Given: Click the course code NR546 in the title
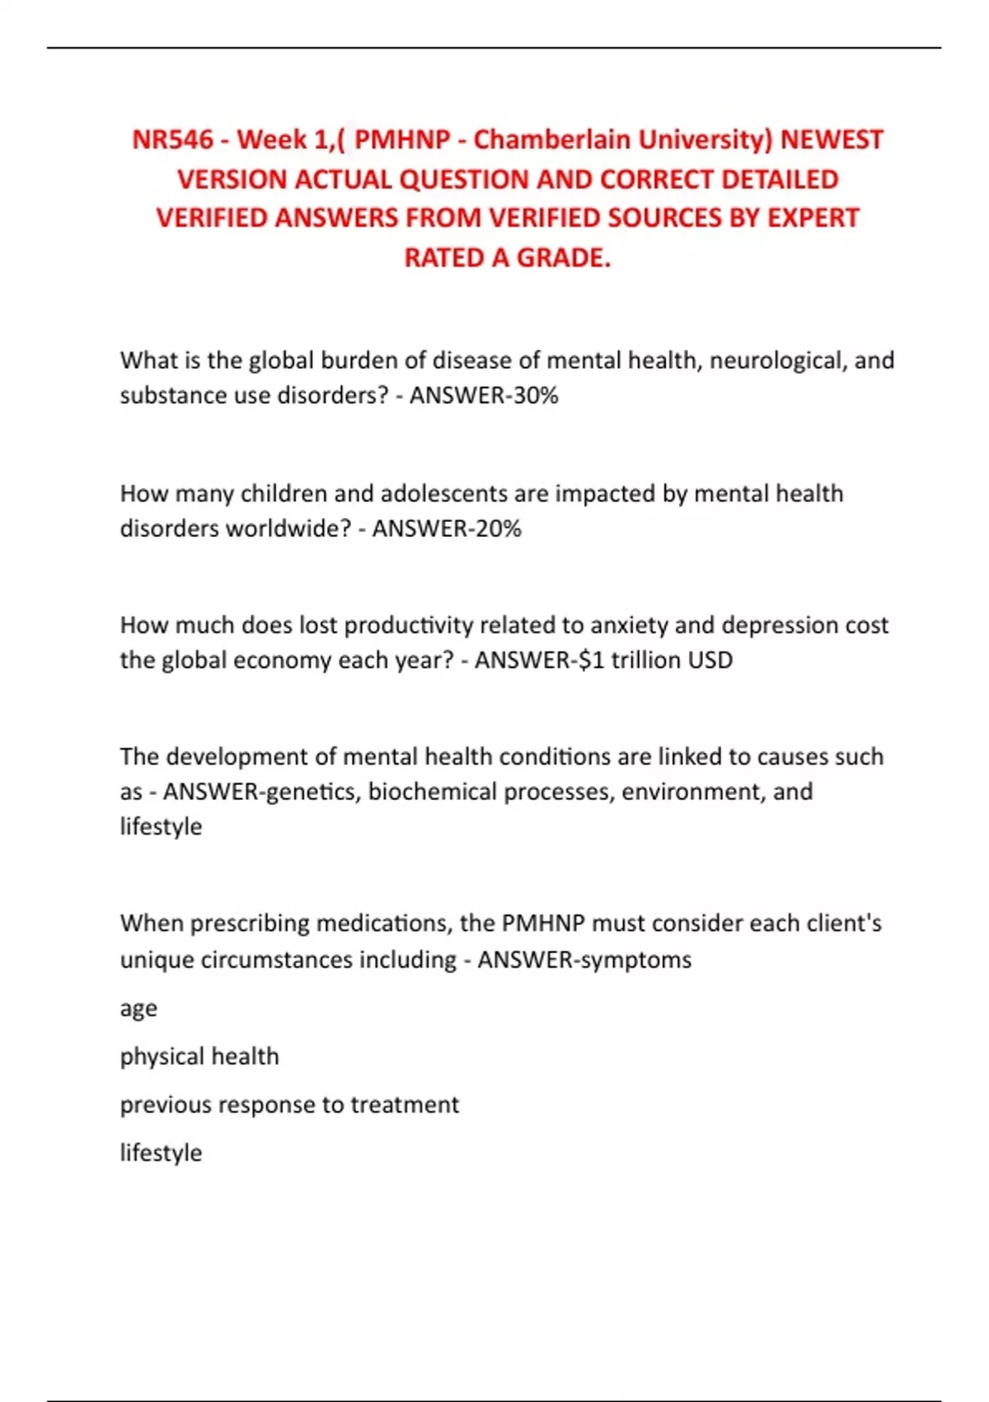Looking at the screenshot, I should [x=172, y=139].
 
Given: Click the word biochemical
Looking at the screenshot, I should [x=432, y=792].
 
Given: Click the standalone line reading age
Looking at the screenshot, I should [x=138, y=1009].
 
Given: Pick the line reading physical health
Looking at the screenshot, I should [x=199, y=1056].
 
